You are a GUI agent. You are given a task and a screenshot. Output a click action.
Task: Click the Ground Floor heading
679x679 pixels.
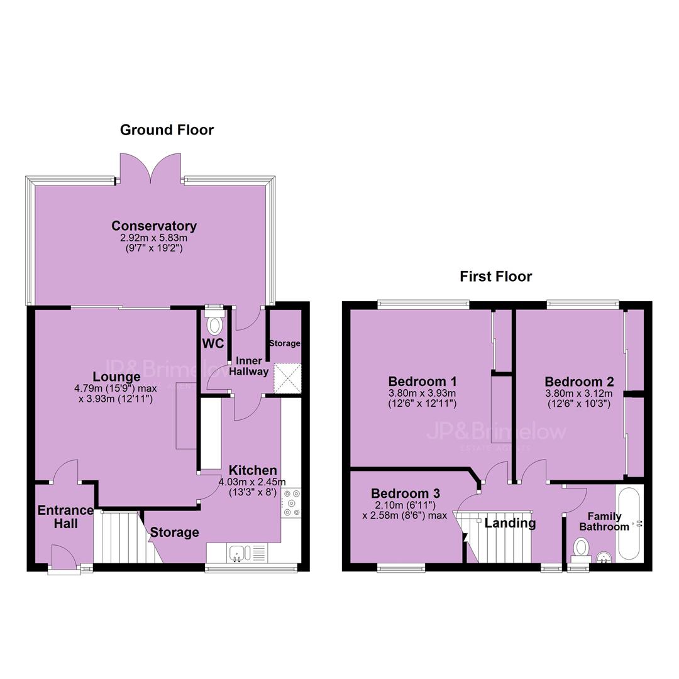(167, 130)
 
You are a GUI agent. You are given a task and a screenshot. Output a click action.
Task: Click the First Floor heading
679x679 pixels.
(496, 276)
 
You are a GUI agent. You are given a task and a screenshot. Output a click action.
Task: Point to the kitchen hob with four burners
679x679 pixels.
(291, 503)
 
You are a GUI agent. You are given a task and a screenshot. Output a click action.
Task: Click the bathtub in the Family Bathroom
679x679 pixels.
(629, 524)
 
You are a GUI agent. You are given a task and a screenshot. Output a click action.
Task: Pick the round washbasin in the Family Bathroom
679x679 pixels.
(603, 557)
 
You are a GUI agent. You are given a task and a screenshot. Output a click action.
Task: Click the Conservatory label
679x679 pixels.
(154, 226)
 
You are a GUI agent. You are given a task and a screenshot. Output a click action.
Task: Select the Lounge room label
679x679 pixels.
(116, 377)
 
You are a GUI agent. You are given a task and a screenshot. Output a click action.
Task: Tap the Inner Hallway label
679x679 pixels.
(248, 366)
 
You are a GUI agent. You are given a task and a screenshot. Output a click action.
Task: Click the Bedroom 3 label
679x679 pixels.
(406, 494)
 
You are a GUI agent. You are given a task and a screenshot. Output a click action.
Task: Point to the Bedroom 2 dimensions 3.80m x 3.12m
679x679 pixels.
(579, 394)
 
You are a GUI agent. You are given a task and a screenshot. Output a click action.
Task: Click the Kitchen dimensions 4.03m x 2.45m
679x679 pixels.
(252, 482)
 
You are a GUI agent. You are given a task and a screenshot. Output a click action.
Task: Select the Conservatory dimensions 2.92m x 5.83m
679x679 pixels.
(153, 238)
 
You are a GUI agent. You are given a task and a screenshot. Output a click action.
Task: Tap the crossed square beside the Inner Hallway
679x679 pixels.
(287, 378)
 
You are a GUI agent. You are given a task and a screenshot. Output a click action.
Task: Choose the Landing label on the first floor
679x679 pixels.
(510, 523)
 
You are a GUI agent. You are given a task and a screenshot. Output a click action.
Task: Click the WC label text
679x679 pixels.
(213, 343)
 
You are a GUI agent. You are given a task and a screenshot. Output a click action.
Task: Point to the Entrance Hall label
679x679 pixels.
(65, 517)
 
